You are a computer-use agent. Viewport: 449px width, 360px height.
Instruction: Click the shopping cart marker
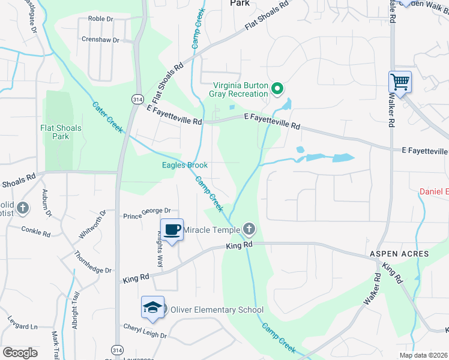tap(399, 82)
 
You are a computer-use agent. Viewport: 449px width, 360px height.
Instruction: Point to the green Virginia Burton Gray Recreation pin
tap(277, 89)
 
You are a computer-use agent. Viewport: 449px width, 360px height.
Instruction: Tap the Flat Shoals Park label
tap(60, 132)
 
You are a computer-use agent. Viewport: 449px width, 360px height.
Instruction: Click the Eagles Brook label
tap(185, 165)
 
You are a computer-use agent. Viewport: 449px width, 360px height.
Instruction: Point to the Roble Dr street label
tap(100, 19)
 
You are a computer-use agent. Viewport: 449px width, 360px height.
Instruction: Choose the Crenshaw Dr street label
tap(100, 40)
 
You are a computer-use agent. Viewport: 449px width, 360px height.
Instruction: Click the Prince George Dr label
tap(147, 213)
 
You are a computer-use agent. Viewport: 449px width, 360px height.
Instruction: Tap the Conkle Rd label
tap(35, 230)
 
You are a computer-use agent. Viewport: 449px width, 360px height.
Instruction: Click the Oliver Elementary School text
tap(217, 310)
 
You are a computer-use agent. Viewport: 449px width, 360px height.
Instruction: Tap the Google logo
tap(20, 353)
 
